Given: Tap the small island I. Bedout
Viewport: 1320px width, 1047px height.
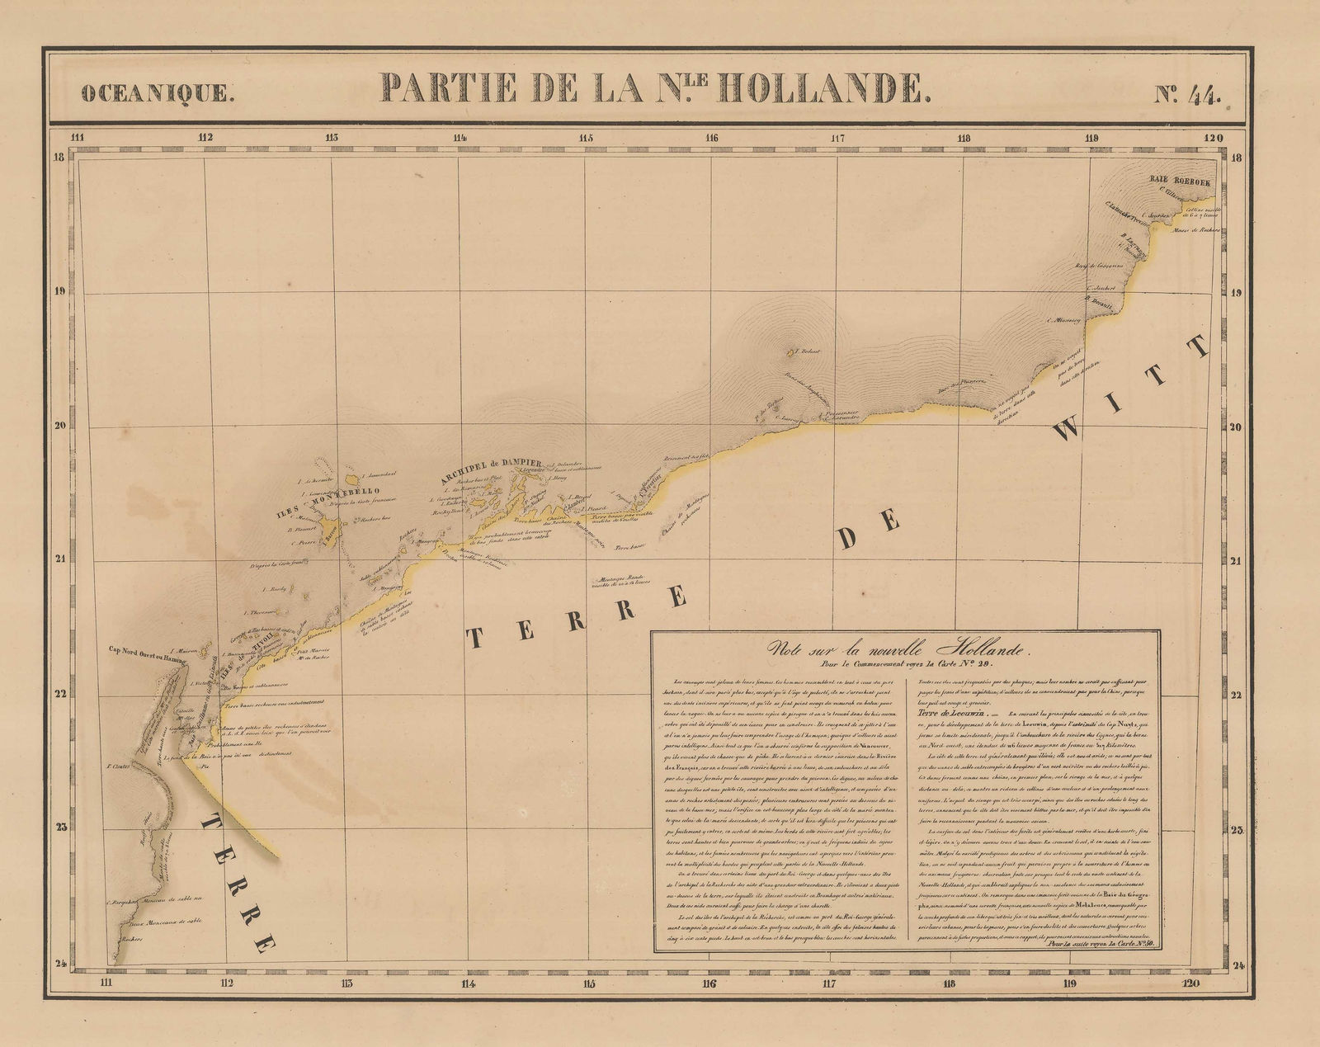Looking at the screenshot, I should point(793,353).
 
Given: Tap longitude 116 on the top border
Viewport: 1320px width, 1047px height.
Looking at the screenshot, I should point(712,138).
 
